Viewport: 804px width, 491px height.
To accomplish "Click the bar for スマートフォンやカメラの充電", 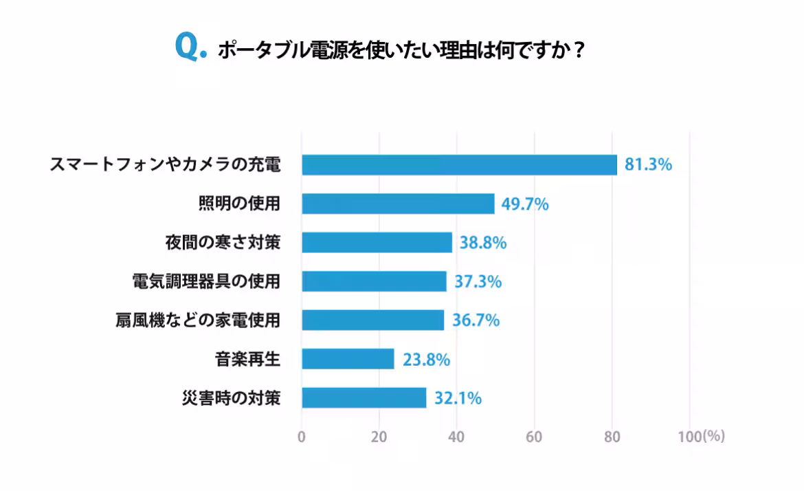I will pyautogui.click(x=459, y=165).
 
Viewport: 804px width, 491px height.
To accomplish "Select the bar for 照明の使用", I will pyautogui.click(x=398, y=204).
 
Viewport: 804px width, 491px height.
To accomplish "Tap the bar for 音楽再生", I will pyautogui.click(x=348, y=359).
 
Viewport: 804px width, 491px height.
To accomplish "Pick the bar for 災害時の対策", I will pyautogui.click(x=364, y=397).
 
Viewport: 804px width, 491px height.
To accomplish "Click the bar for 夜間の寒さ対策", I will pyautogui.click(x=377, y=243).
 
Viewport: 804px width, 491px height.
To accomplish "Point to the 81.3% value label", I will pyautogui.click(x=648, y=165).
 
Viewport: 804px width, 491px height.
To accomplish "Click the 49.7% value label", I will pyautogui.click(x=524, y=204).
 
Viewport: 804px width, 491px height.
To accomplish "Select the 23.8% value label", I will pyautogui.click(x=425, y=359).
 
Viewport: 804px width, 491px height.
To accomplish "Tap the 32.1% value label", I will pyautogui.click(x=457, y=398).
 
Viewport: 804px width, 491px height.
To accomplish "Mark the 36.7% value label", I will pyautogui.click(x=476, y=320).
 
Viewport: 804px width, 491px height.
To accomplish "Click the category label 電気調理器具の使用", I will pyautogui.click(x=206, y=281).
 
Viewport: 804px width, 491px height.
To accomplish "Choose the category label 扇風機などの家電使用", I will pyautogui.click(x=198, y=320).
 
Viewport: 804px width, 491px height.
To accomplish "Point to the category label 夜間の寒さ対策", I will pyautogui.click(x=223, y=243).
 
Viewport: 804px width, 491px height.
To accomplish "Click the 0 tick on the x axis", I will pyautogui.click(x=302, y=437).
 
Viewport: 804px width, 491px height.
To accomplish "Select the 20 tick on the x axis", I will pyautogui.click(x=379, y=437).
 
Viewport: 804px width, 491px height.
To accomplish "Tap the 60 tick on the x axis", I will pyautogui.click(x=534, y=437).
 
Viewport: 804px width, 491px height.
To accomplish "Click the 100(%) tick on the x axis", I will pyautogui.click(x=701, y=437).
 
